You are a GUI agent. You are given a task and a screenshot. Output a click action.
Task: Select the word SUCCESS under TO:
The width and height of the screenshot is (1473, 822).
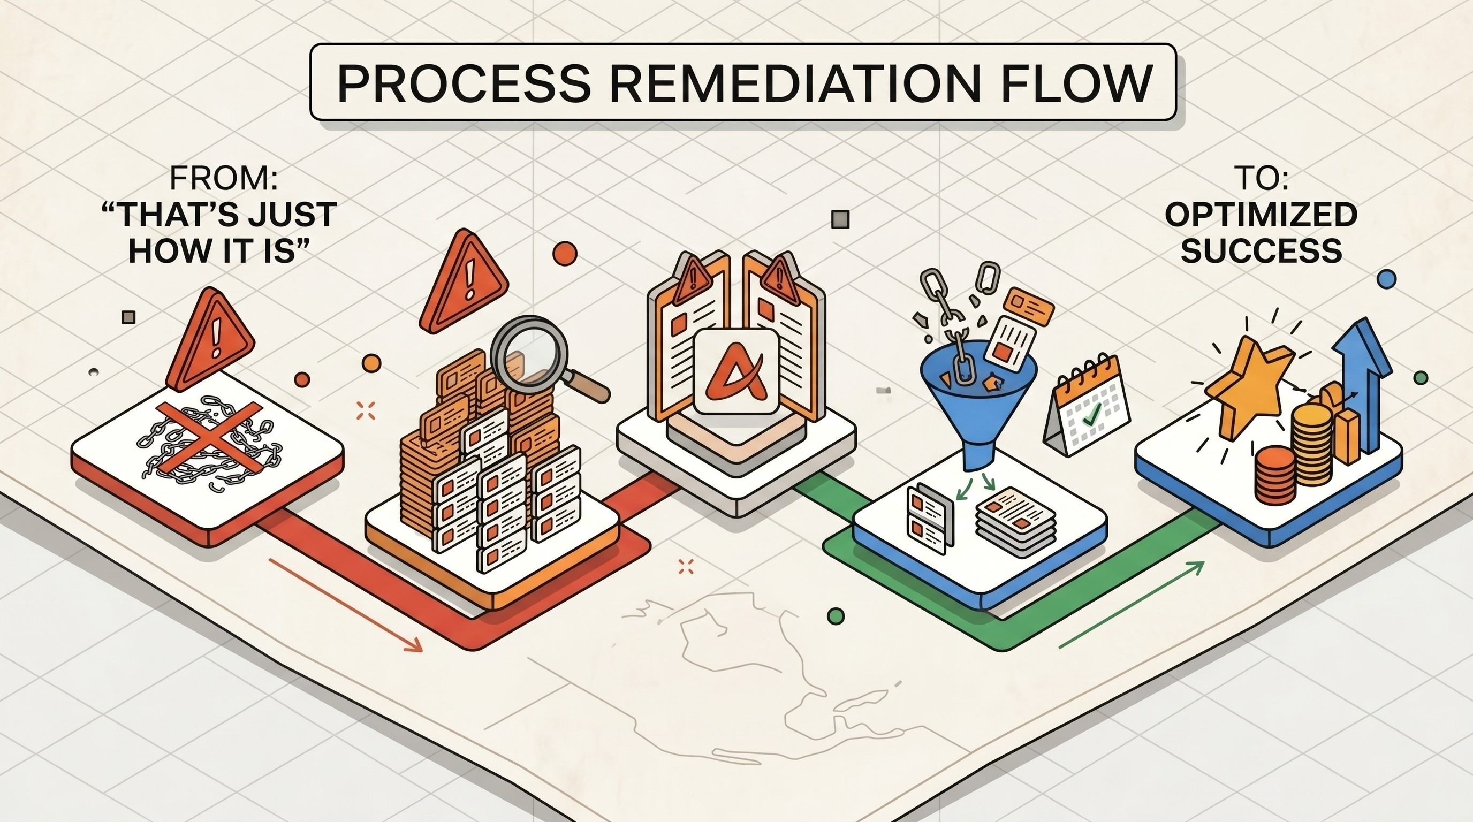1261,250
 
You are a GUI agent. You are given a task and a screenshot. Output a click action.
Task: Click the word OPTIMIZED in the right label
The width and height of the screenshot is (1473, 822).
1261,216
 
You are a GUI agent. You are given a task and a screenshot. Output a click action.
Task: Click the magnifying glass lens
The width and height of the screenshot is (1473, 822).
529,349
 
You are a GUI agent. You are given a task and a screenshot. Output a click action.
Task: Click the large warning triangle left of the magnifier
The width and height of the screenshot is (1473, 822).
463,281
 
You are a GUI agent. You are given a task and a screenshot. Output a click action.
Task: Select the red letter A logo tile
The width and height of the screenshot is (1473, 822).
736,371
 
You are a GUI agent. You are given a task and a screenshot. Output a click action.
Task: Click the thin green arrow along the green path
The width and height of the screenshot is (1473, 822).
1132,605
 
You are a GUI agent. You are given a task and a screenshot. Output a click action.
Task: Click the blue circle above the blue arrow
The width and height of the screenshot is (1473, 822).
1387,279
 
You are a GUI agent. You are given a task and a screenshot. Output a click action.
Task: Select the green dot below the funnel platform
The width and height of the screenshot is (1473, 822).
836,616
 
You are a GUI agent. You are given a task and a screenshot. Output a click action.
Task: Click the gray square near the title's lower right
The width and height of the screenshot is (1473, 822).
839,219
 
